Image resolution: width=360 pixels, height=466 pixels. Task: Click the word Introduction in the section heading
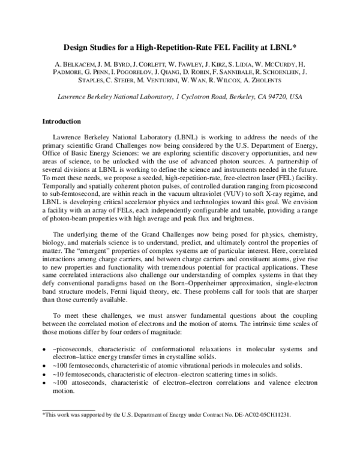(x=61, y=121)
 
